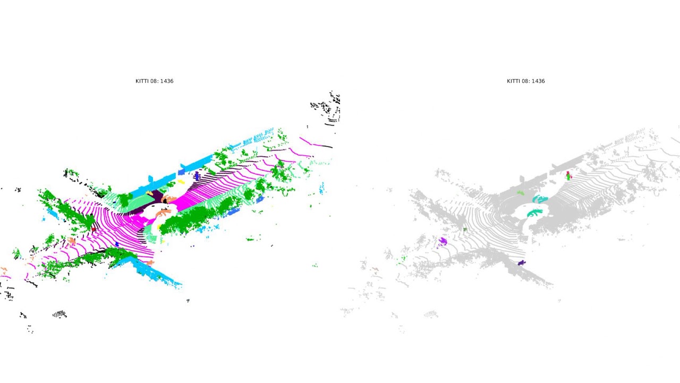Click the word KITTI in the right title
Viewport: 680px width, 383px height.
[x=513, y=81]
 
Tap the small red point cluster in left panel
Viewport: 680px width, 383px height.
[x=94, y=229]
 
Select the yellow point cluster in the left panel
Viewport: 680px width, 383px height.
[x=181, y=182]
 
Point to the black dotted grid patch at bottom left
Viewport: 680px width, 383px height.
[x=59, y=314]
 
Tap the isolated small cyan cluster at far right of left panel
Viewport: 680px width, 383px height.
[x=321, y=188]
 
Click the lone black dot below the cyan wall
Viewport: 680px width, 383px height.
[x=188, y=301]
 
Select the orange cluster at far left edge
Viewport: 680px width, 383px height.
[x=4, y=270]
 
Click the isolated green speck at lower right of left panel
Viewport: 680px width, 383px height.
[x=315, y=265]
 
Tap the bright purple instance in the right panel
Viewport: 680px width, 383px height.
[x=443, y=242]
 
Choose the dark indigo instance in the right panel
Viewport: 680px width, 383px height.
[x=522, y=263]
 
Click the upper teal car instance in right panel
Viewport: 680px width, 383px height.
[x=540, y=199]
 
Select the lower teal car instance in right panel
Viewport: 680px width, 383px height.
[x=534, y=213]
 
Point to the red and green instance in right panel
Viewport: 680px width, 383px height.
[x=568, y=175]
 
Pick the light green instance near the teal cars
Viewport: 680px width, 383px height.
[x=521, y=193]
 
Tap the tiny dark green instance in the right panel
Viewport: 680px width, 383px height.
[x=465, y=230]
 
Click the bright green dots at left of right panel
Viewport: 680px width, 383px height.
[x=403, y=259]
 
